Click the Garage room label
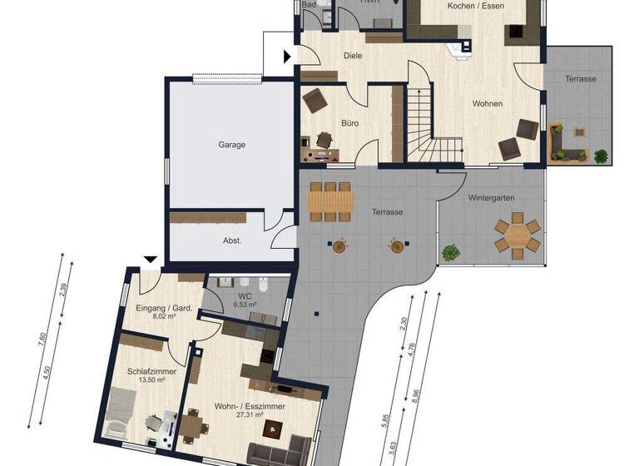(231, 145)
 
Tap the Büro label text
(349, 124)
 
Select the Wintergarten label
(491, 198)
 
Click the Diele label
(353, 57)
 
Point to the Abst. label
(232, 240)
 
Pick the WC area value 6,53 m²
(245, 305)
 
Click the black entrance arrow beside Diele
(288, 57)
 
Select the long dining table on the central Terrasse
(330, 201)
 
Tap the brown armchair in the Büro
(315, 102)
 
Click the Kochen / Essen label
(474, 6)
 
